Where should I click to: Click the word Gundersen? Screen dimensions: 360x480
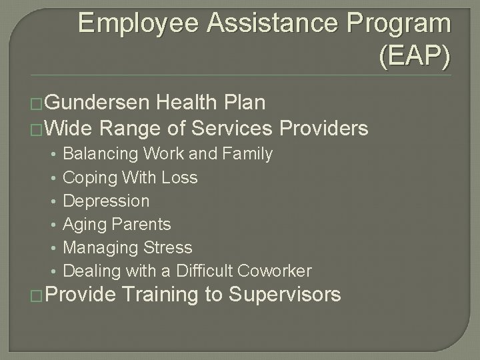[99, 103]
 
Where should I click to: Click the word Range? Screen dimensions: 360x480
[136, 127]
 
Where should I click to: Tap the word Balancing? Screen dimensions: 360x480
[101, 154]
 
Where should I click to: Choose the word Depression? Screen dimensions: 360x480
[106, 201]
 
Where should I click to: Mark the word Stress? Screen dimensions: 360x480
[167, 248]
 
